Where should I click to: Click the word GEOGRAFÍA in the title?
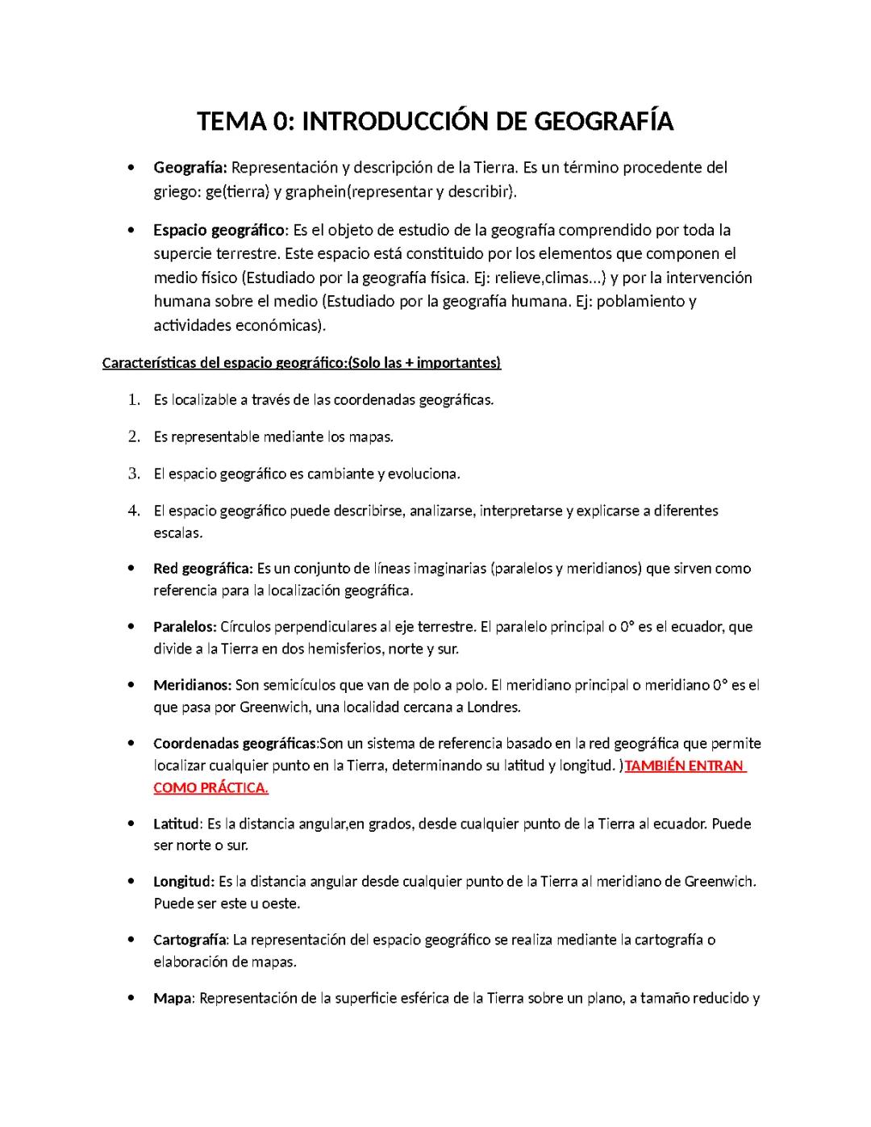tap(604, 122)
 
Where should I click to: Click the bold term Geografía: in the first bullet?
tap(190, 168)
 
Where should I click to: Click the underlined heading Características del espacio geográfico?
tap(223, 363)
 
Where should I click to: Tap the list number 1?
tap(134, 400)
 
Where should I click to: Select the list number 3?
tap(134, 474)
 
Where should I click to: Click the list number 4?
tap(134, 511)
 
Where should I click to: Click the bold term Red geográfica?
tap(203, 569)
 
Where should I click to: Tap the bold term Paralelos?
tap(185, 627)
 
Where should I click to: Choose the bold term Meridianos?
tap(192, 686)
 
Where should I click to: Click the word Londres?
tap(495, 708)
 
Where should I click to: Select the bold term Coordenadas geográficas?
tap(235, 744)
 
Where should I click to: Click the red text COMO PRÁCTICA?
tap(210, 788)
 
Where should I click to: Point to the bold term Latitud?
tap(176, 824)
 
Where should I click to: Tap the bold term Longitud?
tap(184, 882)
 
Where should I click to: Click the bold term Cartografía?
tap(190, 940)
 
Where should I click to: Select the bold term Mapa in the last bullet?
tap(172, 999)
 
